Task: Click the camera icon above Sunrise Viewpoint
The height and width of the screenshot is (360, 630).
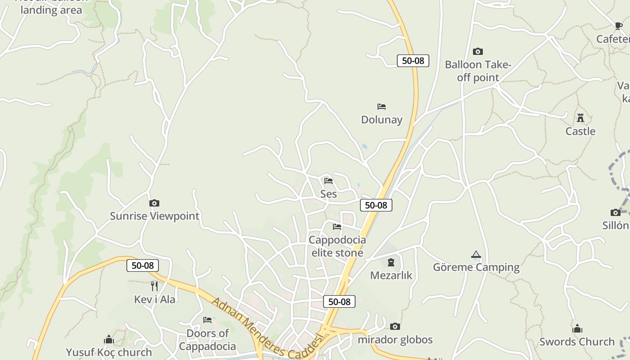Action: (154, 203)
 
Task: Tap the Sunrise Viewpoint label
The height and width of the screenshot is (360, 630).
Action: (154, 216)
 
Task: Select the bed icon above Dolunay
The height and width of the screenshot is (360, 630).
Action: (382, 107)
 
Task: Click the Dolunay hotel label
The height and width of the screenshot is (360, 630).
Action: (382, 120)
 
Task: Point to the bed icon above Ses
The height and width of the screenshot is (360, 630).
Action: (328, 181)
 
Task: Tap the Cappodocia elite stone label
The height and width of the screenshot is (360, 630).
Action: (337, 246)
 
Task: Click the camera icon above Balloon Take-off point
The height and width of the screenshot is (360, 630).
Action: (478, 52)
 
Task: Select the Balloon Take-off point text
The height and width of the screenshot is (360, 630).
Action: (478, 71)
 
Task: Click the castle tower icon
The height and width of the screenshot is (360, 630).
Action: (580, 118)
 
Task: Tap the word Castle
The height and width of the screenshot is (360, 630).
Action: (580, 131)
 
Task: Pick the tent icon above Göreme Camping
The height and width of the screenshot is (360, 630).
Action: (476, 255)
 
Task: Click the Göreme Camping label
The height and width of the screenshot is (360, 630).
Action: (476, 267)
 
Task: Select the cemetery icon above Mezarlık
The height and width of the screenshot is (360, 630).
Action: (391, 262)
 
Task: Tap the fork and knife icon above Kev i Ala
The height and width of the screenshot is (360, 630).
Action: (154, 286)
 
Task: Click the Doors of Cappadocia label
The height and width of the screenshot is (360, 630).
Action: (207, 340)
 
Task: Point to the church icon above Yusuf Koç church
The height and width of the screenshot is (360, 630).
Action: (108, 339)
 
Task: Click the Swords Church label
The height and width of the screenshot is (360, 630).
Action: (577, 342)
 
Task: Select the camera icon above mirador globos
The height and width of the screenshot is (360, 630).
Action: (395, 326)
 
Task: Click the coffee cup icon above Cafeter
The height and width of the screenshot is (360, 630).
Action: (619, 26)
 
